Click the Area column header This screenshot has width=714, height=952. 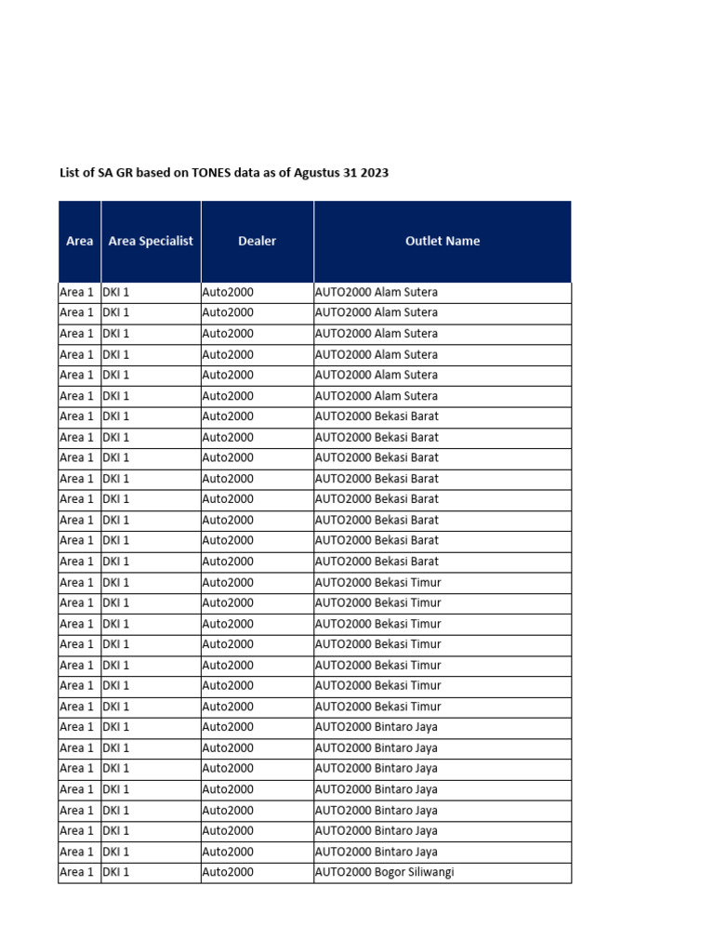[x=80, y=241]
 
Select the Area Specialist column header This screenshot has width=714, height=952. [x=151, y=241]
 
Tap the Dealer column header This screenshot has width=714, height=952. [x=257, y=241]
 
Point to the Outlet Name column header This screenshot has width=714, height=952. [x=443, y=241]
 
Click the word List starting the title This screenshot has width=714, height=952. [x=70, y=173]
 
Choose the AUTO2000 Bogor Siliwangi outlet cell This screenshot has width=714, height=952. [x=384, y=872]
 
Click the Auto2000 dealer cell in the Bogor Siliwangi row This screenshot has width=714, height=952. [x=228, y=872]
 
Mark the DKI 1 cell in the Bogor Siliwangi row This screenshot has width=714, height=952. [x=116, y=872]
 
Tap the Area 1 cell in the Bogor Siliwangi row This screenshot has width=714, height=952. [x=77, y=872]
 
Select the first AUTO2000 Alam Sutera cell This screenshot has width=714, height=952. [x=376, y=292]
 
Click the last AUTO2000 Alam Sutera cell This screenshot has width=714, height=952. [x=376, y=396]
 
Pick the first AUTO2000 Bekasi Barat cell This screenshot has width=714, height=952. [x=377, y=416]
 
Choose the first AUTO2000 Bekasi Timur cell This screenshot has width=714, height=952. [x=377, y=582]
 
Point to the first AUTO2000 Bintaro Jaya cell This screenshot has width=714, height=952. [x=376, y=727]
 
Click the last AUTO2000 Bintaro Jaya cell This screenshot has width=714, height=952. [x=376, y=852]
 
